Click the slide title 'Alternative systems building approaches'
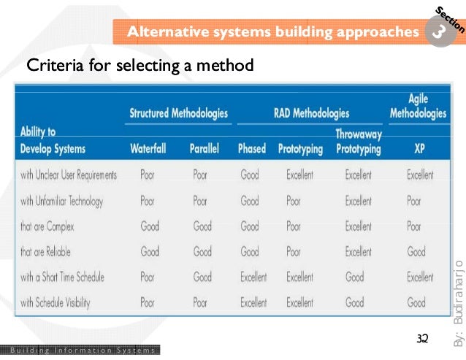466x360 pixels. click(x=268, y=32)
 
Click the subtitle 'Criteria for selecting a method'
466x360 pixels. click(x=140, y=66)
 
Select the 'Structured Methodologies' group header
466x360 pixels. click(x=178, y=113)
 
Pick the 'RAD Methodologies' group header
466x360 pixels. click(x=311, y=113)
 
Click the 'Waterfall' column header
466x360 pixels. click(x=148, y=149)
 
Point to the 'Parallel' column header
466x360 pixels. click(x=205, y=149)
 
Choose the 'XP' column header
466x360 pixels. click(x=418, y=149)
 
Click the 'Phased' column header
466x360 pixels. click(x=252, y=149)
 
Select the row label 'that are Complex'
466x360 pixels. click(x=47, y=226)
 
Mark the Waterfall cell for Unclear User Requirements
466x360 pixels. click(x=147, y=175)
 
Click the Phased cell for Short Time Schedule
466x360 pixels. click(x=253, y=277)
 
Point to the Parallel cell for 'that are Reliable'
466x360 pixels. click(x=202, y=252)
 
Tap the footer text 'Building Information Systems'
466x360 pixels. click(x=79, y=351)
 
